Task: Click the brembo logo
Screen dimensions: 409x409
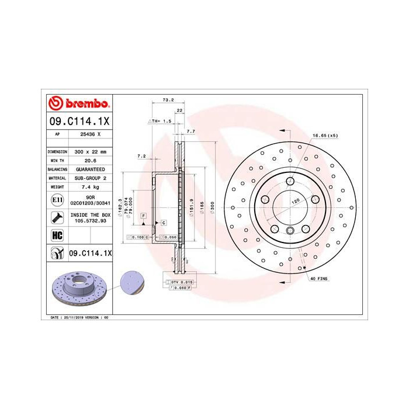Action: point(78,104)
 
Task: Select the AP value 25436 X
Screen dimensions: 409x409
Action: point(91,134)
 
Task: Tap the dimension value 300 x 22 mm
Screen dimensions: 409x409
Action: point(91,151)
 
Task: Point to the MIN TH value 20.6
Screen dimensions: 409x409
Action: point(91,160)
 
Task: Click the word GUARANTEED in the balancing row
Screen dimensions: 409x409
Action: point(91,168)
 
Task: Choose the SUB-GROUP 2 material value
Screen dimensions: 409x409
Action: point(91,178)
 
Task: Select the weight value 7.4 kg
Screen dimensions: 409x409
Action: point(91,186)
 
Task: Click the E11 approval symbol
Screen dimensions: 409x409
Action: point(57,200)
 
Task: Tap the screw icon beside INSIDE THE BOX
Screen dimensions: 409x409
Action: point(57,219)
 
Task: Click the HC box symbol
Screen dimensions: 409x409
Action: point(57,235)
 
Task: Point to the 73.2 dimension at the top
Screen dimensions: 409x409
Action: point(168,100)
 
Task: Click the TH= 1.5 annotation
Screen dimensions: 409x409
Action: point(161,121)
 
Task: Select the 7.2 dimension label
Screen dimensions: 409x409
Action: point(141,156)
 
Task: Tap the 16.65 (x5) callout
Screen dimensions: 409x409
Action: point(325,136)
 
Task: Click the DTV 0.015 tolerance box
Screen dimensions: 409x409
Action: point(181,282)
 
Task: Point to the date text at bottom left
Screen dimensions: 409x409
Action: point(77,317)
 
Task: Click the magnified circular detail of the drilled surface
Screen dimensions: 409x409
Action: point(129,283)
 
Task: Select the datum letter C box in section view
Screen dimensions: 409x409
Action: point(164,223)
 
